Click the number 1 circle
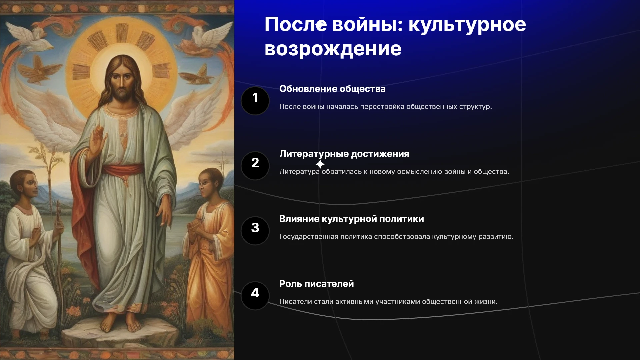(x=255, y=101)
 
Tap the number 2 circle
(x=255, y=166)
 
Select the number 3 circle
(x=255, y=231)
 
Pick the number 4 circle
(x=255, y=296)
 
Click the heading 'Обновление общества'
(x=332, y=89)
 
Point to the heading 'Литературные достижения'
(x=344, y=154)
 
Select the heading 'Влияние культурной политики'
(x=352, y=219)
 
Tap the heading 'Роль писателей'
(x=317, y=284)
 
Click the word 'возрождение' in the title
(x=333, y=49)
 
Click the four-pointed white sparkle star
(x=320, y=164)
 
